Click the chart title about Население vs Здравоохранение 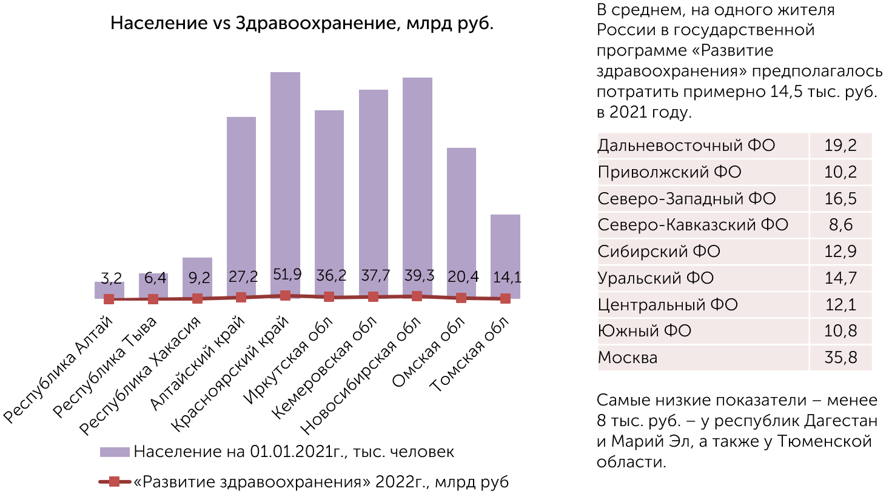tap(301, 24)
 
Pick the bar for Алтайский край tap(241, 194)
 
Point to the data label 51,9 tap(287, 275)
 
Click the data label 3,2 tap(111, 279)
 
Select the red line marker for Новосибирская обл tap(417, 296)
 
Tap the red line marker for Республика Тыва tap(153, 299)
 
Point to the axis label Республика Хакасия tap(140, 376)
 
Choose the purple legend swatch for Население tap(115, 452)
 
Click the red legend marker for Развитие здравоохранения tap(114, 482)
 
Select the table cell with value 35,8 tap(840, 358)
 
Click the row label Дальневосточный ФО tap(686, 145)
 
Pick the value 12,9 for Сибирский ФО tap(840, 252)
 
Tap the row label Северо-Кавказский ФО tap(693, 225)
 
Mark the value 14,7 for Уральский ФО tap(840, 278)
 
